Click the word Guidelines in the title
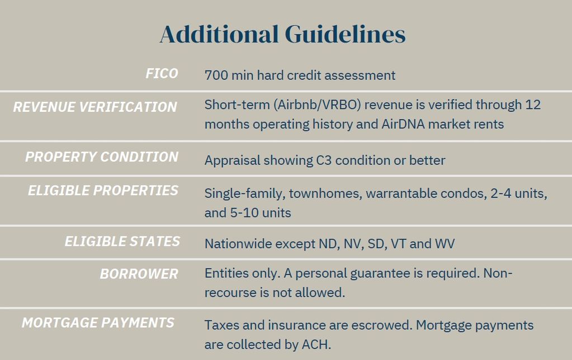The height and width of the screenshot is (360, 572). pyautogui.click(x=345, y=34)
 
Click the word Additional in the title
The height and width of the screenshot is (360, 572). pyautogui.click(x=219, y=34)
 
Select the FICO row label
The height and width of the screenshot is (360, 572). pyautogui.click(x=162, y=74)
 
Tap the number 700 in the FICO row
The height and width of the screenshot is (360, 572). pyautogui.click(x=216, y=75)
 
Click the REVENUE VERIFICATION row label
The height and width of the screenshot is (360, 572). pyautogui.click(x=95, y=107)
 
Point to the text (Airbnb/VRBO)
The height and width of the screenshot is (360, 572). pyautogui.click(x=317, y=105)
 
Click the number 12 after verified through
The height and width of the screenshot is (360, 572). pyautogui.click(x=533, y=105)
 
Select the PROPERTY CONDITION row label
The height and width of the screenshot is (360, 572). pyautogui.click(x=102, y=157)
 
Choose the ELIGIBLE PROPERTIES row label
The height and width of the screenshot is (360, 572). pyautogui.click(x=103, y=191)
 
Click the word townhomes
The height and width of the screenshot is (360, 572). pyautogui.click(x=325, y=193)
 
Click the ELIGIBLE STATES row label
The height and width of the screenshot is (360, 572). pyautogui.click(x=122, y=241)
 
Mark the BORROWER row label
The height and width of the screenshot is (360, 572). pyautogui.click(x=139, y=274)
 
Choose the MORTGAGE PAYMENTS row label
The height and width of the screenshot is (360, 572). pyautogui.click(x=98, y=323)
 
